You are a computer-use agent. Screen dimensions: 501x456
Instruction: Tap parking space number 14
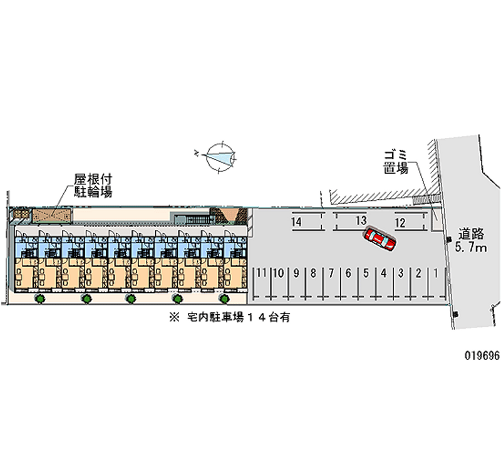click(297, 221)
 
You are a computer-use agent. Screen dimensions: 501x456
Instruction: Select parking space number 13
click(360, 221)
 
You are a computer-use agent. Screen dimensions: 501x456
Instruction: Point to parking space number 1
click(435, 273)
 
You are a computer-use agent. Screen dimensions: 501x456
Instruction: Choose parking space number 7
click(330, 273)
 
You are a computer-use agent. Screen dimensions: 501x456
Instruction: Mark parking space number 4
click(383, 273)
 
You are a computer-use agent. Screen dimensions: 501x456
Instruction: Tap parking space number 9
click(296, 273)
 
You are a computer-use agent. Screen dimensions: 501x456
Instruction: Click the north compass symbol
click(219, 156)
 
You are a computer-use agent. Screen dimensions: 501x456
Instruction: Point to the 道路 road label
click(470, 234)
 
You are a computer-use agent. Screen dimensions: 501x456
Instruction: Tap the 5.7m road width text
click(471, 249)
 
